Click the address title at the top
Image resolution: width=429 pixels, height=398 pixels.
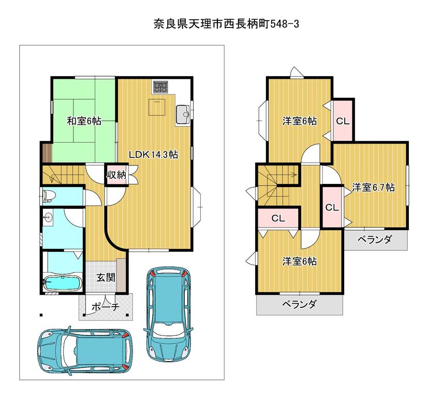point(226,24)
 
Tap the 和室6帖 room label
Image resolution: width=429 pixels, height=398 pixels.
point(84,121)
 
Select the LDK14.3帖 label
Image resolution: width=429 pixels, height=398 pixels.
point(153,155)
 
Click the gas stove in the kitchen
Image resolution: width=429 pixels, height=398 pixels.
point(160,87)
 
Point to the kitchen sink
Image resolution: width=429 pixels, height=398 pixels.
point(183,115)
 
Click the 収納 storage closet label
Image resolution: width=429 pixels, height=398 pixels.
point(116,175)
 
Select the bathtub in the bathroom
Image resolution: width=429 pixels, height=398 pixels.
point(63,282)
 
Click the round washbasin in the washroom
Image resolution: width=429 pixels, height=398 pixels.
point(48,218)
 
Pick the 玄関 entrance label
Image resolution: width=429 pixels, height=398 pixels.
point(106,278)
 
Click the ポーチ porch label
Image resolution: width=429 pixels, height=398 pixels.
point(106,307)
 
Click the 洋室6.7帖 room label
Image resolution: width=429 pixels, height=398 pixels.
point(373,188)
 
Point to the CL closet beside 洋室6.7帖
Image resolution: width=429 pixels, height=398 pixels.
point(332,207)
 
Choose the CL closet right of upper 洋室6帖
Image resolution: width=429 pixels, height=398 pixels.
point(343,121)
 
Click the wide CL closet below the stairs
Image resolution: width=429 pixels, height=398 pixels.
point(278,218)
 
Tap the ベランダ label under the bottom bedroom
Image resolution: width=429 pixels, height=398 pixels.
point(299,304)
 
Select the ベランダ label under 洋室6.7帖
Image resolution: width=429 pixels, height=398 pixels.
point(375,239)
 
